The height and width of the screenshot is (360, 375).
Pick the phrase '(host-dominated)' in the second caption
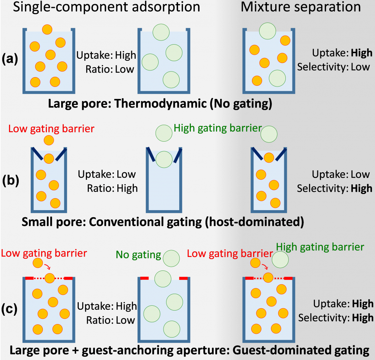coord(259,223)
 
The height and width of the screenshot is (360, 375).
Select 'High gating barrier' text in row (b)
coord(218,128)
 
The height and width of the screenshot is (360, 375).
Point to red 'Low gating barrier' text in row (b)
coord(51,129)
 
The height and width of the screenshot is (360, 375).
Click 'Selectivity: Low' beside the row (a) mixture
coord(333,67)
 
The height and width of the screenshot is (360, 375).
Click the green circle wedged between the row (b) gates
coord(163,159)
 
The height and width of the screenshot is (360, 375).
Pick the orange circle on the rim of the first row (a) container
coord(47,29)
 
